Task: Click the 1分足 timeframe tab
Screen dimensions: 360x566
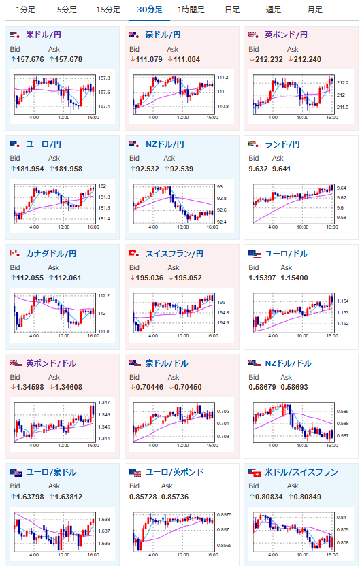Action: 26,10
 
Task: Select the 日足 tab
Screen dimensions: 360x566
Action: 232,10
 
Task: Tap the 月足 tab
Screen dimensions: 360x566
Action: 314,10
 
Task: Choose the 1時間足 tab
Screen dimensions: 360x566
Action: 191,10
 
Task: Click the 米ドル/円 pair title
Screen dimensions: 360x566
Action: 44,35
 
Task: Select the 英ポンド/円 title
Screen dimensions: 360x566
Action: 286,35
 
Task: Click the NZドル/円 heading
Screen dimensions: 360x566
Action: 165,144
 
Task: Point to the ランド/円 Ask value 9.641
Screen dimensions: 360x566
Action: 281,169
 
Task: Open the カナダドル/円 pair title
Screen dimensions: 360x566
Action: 51,254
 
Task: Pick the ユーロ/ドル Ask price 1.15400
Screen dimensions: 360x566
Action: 294,278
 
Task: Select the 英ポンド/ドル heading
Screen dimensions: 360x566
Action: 51,363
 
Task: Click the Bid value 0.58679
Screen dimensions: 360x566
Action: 262,387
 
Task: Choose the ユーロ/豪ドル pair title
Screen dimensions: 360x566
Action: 51,472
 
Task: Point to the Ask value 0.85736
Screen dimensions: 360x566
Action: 175,497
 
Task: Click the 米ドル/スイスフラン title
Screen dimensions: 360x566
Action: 301,472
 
